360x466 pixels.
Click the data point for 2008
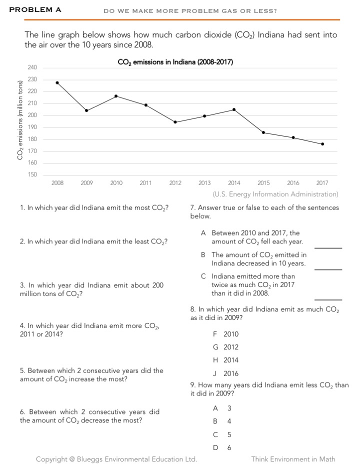point(57,82)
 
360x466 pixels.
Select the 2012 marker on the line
point(175,122)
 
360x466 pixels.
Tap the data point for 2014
point(234,109)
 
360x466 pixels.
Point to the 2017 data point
point(322,144)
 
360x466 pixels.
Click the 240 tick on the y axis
point(32,67)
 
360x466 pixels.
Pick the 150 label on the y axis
point(32,174)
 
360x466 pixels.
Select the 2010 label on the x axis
point(116,183)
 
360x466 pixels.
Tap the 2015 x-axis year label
point(263,183)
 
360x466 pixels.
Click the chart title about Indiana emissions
point(175,62)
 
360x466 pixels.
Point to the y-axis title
point(20,120)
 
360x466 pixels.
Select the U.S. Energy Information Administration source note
point(275,194)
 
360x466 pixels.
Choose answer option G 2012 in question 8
point(225,347)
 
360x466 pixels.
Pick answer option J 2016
point(225,373)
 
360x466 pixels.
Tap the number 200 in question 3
point(157,285)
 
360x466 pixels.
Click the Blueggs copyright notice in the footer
point(116,459)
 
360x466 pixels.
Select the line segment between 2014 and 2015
point(249,121)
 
